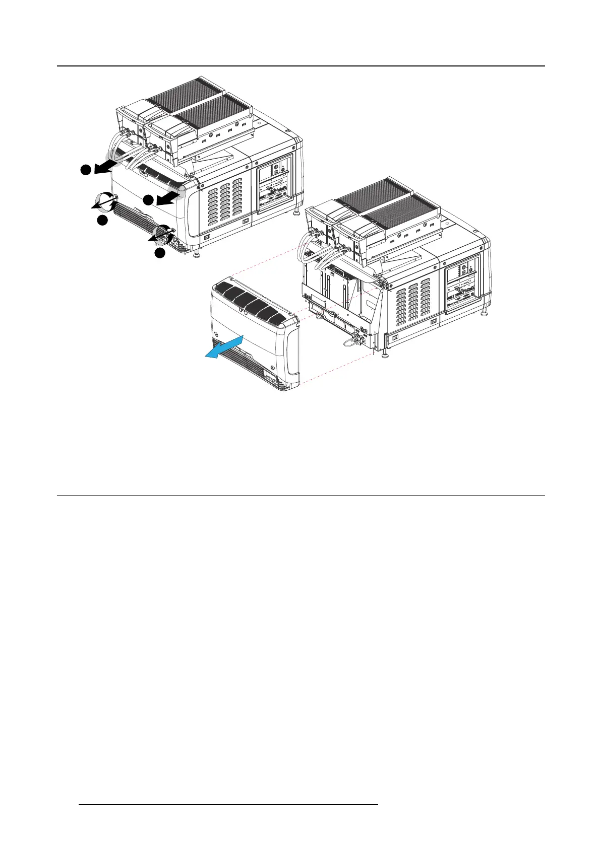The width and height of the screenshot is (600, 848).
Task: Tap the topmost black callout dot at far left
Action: pos(86,170)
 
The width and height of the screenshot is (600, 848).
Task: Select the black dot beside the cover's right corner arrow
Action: pos(148,200)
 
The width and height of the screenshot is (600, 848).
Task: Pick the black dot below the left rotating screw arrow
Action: pos(102,220)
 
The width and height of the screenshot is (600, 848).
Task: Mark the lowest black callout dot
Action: pos(160,253)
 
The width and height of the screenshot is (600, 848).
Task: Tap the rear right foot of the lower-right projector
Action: pos(485,314)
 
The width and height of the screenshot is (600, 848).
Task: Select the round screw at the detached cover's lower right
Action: pos(273,369)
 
